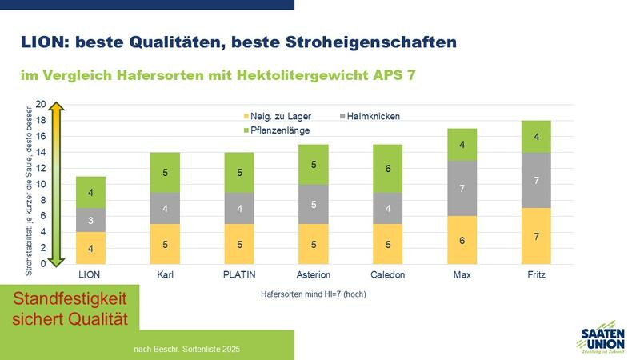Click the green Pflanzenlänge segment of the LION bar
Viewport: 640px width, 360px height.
[91, 192]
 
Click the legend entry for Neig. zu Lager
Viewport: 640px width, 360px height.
[280, 117]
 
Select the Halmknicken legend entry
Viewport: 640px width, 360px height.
[369, 117]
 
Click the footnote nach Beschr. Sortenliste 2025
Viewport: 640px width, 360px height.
[186, 350]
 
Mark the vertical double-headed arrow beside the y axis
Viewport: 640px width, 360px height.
[57, 184]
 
